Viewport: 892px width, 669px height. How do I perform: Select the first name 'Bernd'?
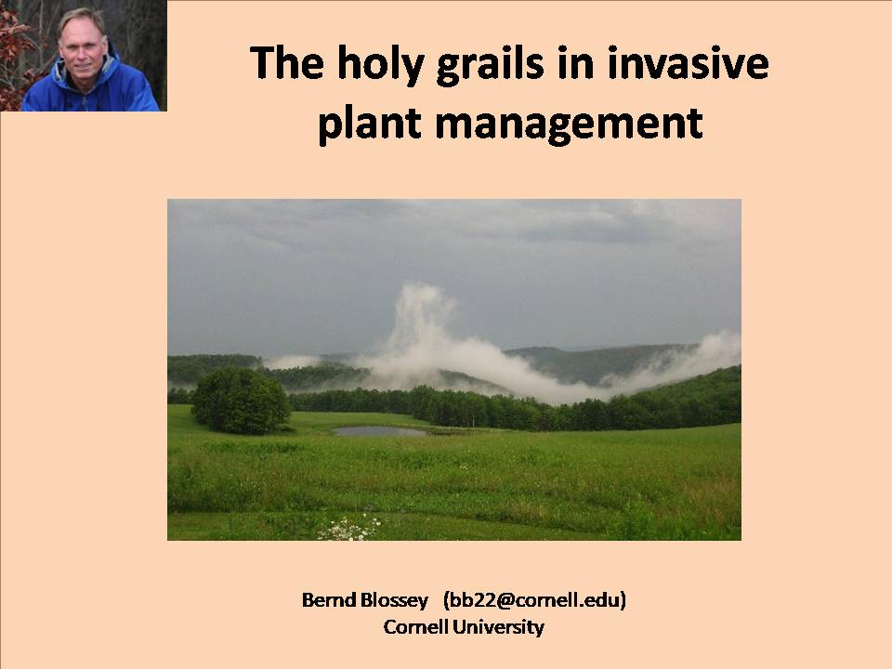tap(327, 600)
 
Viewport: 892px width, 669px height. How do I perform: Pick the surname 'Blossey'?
tap(394, 600)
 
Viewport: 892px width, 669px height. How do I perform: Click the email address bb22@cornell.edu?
tap(535, 600)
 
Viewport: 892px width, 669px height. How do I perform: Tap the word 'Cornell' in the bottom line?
tap(415, 627)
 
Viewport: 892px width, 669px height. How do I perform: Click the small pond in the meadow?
tap(381, 431)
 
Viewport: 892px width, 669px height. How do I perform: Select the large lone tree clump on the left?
tap(241, 400)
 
